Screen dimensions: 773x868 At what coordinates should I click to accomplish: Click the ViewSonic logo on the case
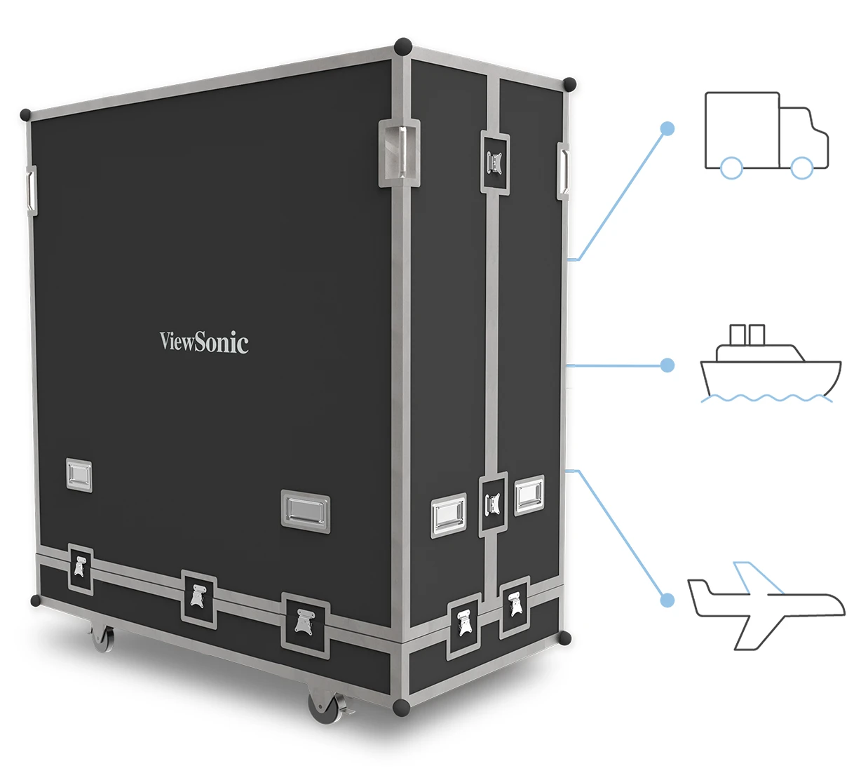pos(203,342)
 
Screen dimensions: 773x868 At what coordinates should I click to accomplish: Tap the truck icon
pos(766,133)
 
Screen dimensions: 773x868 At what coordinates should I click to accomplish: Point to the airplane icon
pos(766,603)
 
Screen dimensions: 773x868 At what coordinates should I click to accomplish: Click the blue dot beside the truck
pos(667,128)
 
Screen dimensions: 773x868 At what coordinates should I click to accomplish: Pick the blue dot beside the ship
pos(667,365)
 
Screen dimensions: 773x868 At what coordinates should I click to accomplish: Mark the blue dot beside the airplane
pos(667,600)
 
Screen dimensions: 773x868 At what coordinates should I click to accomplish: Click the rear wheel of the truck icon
pos(731,168)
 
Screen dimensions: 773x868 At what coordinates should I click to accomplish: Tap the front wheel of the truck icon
pos(801,168)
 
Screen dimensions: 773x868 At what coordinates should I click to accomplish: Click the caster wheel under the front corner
pos(324,708)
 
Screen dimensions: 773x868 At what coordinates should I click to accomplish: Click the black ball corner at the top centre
pos(403,47)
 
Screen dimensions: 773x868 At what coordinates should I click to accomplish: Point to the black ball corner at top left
pos(26,114)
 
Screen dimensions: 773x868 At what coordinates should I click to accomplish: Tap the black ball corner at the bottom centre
pos(401,707)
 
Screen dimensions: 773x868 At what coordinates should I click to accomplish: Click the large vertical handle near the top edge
pos(400,153)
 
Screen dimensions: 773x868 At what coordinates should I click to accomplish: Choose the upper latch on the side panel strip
pos(495,163)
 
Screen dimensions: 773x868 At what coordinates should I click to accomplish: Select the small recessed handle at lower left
pos(79,475)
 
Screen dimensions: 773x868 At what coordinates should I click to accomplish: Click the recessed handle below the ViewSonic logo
pos(305,511)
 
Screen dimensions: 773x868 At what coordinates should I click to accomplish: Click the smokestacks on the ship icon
pos(747,335)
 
